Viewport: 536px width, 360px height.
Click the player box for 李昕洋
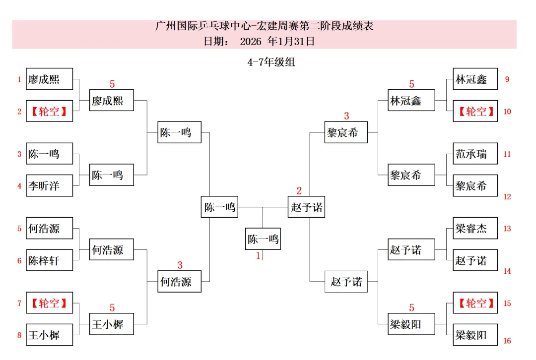coord(49,186)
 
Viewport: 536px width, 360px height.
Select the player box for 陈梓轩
coord(49,260)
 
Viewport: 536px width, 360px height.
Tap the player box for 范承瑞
coord(475,154)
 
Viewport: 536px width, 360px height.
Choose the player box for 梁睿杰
coord(475,229)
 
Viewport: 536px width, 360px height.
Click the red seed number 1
coord(19,79)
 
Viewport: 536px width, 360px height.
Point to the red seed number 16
coord(507,341)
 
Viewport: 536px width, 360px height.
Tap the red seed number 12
coord(507,196)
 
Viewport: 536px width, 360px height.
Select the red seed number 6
coord(19,261)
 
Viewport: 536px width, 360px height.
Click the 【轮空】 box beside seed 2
coord(49,112)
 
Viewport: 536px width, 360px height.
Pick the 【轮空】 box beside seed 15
coord(475,303)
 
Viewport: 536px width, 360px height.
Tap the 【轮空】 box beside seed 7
coord(49,303)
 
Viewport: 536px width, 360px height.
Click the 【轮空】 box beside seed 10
coord(475,112)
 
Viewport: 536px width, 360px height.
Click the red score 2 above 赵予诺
coord(299,191)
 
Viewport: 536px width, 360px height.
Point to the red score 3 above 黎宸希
coord(346,116)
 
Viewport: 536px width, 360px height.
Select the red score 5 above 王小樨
coord(112,308)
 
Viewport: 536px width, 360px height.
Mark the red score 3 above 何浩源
coord(180,265)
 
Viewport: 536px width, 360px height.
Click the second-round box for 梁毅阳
coord(406,325)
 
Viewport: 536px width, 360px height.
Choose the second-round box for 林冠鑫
coord(406,101)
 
